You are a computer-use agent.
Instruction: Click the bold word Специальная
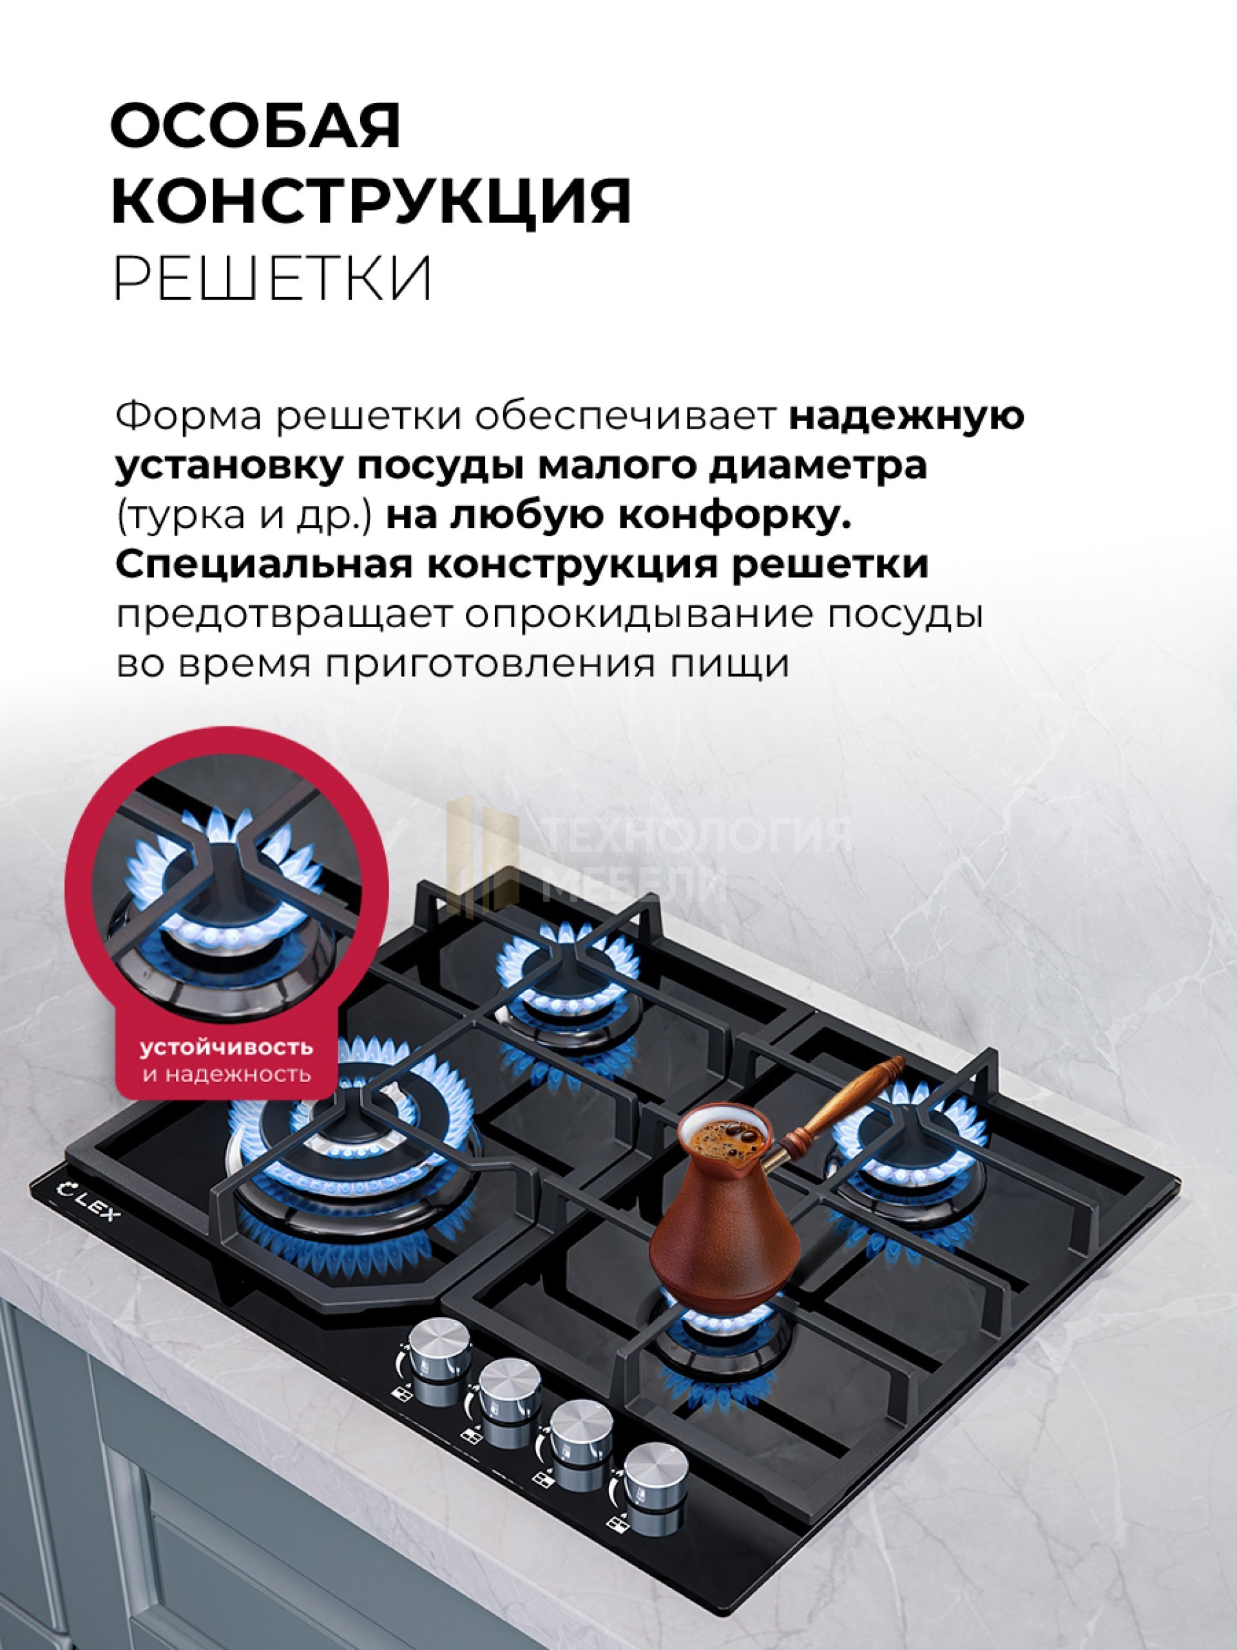(264, 566)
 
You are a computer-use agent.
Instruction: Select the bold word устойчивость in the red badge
(227, 1047)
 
